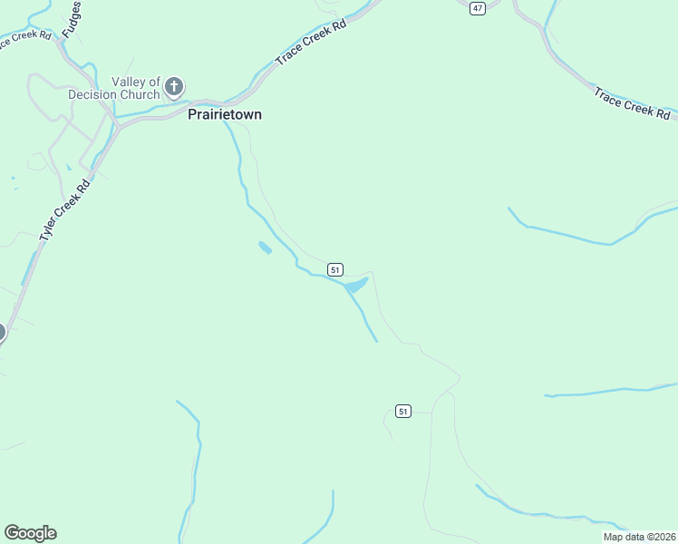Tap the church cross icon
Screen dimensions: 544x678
(x=174, y=88)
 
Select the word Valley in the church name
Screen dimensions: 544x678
(x=129, y=83)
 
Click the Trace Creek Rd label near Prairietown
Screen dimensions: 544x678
(x=311, y=44)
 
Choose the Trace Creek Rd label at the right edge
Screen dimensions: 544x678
(x=632, y=103)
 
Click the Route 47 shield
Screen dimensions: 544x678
(x=478, y=7)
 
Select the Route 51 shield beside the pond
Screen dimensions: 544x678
(x=335, y=269)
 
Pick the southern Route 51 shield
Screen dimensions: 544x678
(x=403, y=412)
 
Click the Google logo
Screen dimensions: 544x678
(x=30, y=533)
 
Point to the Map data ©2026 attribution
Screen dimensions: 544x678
(x=638, y=537)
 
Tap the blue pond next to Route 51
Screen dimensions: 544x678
(x=355, y=286)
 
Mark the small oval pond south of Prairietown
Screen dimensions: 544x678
(x=265, y=248)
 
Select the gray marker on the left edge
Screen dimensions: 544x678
(x=1, y=333)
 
